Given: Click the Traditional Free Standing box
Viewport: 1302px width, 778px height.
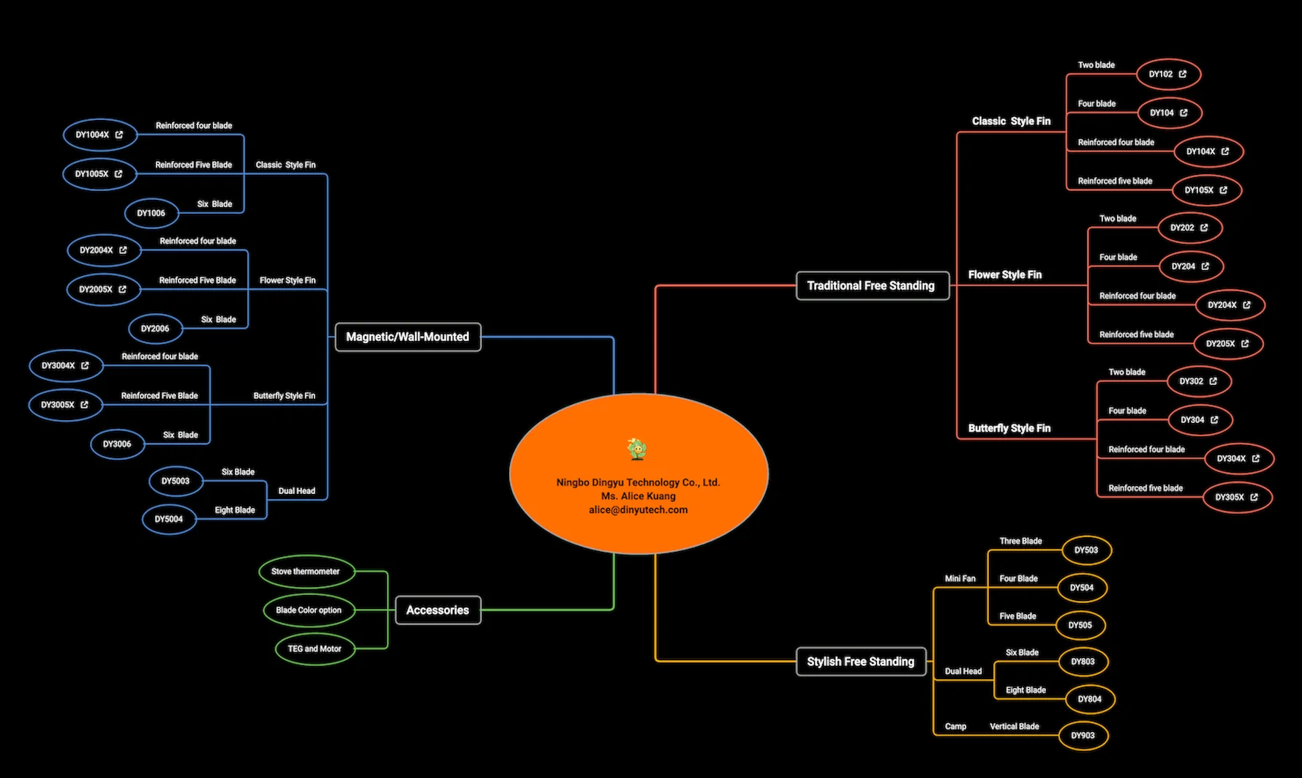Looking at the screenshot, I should click(871, 285).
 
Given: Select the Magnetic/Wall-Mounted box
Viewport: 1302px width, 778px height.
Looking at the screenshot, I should click(407, 337).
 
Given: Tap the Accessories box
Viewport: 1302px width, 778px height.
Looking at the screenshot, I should click(437, 610).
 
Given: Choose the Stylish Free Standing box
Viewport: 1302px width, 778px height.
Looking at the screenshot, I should click(860, 662).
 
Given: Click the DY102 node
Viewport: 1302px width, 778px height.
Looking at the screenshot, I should click(1161, 74).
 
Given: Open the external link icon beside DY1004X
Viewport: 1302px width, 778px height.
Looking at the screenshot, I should click(119, 135).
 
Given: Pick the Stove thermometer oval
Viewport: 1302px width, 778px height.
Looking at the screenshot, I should click(306, 572).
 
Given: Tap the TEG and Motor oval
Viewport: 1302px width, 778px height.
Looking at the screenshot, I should click(315, 648).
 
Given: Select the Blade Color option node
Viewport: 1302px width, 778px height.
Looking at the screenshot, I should click(309, 610).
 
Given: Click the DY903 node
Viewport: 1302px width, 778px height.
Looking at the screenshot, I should click(1083, 736).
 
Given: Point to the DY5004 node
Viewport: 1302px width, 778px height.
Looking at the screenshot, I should click(169, 519).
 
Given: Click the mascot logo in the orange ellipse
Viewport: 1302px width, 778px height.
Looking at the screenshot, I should click(637, 449).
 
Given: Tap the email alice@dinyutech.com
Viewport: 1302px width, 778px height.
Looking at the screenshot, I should click(638, 509).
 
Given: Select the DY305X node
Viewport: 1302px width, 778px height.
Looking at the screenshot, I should click(1230, 497).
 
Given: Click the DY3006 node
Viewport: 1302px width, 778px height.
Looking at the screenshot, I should click(117, 444).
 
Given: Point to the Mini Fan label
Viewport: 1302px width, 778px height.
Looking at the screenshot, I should click(960, 578).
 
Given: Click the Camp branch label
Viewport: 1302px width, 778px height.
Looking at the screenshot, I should click(955, 727).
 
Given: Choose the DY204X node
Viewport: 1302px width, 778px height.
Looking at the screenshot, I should click(1222, 305).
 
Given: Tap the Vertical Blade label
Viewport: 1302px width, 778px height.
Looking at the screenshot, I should click(1014, 727).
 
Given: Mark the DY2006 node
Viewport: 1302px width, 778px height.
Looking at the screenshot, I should click(155, 329).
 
